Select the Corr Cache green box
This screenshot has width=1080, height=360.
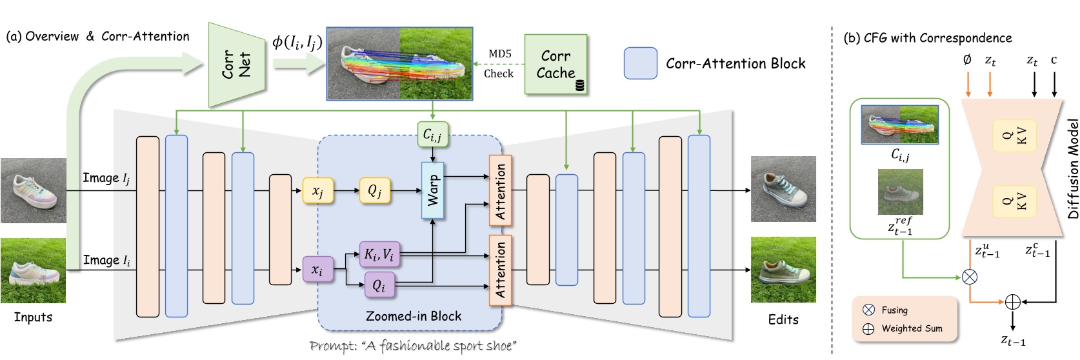(555, 65)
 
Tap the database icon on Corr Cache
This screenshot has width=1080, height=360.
(579, 85)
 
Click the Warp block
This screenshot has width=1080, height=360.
(432, 190)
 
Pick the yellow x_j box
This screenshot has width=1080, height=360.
(317, 191)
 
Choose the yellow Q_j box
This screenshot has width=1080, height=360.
(374, 191)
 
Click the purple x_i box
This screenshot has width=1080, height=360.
(317, 270)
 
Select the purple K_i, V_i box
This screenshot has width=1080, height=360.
(379, 254)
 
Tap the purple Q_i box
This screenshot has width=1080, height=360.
(379, 285)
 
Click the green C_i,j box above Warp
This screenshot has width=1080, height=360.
(432, 134)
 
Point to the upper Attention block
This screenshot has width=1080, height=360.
(501, 190)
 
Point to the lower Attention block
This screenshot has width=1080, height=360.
(501, 270)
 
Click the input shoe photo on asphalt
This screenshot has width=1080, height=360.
(33, 190)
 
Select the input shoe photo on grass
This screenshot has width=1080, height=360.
(33, 270)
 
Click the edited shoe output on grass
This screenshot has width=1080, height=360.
(783, 270)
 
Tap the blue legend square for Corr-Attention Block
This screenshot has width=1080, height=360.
(641, 63)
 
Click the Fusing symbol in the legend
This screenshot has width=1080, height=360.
(868, 310)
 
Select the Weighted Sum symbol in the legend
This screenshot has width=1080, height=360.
(868, 328)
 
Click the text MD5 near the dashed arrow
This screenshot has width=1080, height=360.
(499, 54)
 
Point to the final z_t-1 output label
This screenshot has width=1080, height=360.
(1013, 341)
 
